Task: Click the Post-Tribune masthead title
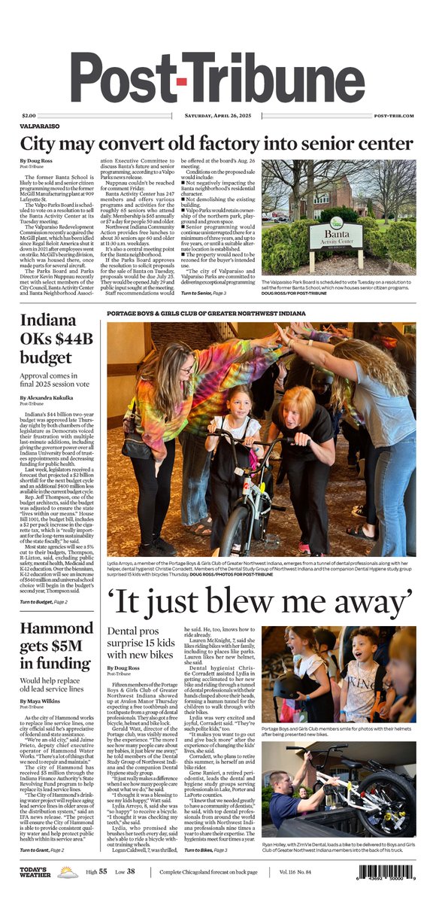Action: (217, 77)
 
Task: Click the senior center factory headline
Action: (217, 144)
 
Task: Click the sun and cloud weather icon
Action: (67, 871)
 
